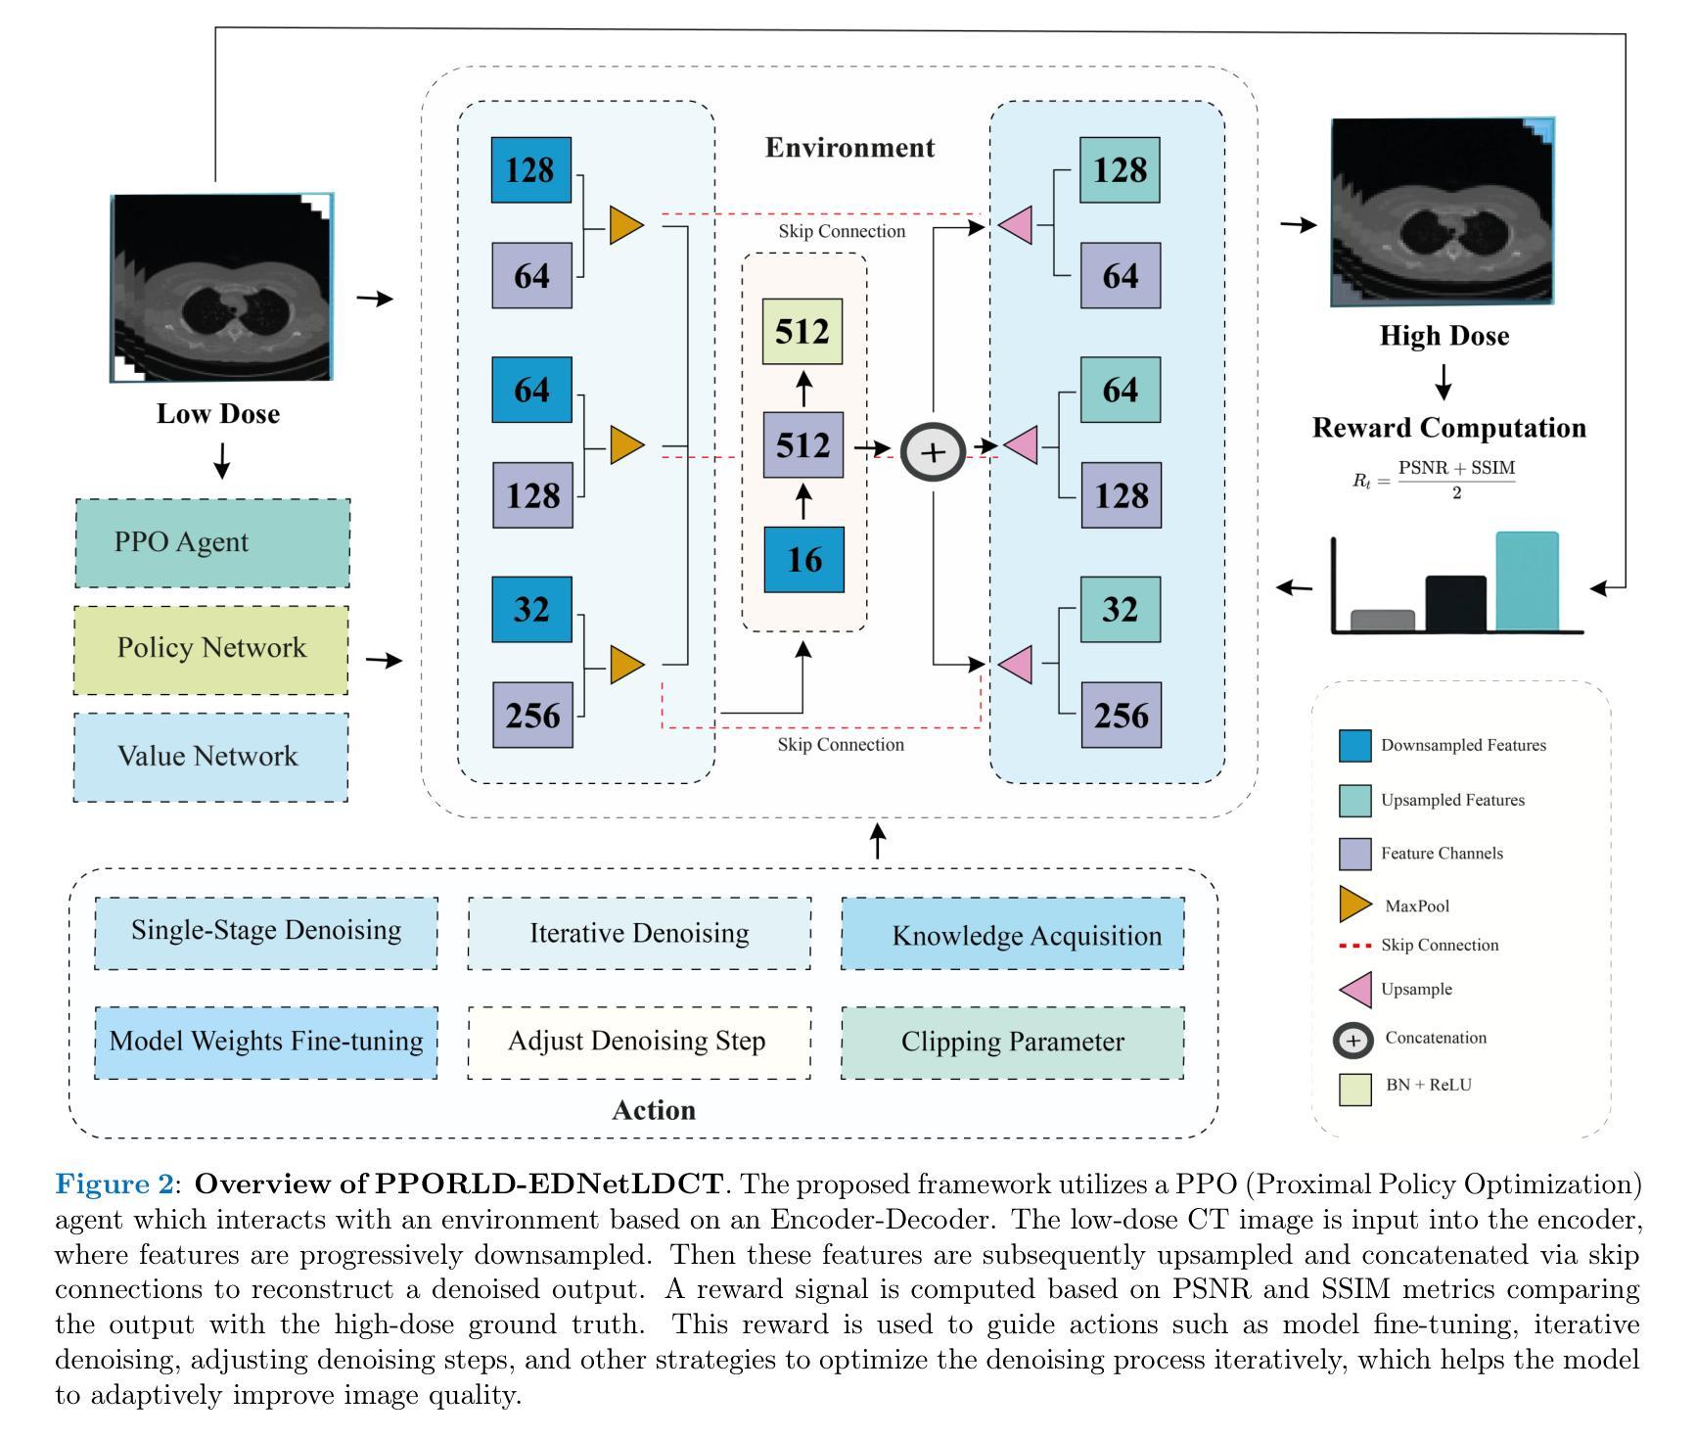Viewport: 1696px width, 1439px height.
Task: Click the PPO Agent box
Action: (212, 543)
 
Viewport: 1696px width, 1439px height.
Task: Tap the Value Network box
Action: (210, 757)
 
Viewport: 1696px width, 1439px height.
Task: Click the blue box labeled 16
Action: (803, 560)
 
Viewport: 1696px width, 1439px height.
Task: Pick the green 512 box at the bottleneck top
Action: (802, 332)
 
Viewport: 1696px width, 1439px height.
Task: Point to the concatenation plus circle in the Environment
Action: (934, 451)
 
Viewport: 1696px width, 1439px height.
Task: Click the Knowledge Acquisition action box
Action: (1013, 935)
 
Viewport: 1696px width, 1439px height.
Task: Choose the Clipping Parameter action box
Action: (1013, 1043)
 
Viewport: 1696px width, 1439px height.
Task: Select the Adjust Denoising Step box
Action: (639, 1043)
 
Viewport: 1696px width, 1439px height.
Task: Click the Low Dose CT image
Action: (222, 288)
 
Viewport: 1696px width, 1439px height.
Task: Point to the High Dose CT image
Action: (1443, 212)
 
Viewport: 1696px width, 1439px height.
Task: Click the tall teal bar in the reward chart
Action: (1527, 581)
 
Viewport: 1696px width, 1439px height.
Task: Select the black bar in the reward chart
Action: (1455, 603)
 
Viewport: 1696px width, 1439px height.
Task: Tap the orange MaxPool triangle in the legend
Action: (1353, 905)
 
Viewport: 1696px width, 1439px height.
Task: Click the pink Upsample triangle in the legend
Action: (1355, 989)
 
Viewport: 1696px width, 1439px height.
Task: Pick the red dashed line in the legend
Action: (1354, 946)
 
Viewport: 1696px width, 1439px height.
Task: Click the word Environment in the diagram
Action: (849, 148)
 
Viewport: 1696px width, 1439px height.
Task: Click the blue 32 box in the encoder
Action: (531, 610)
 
